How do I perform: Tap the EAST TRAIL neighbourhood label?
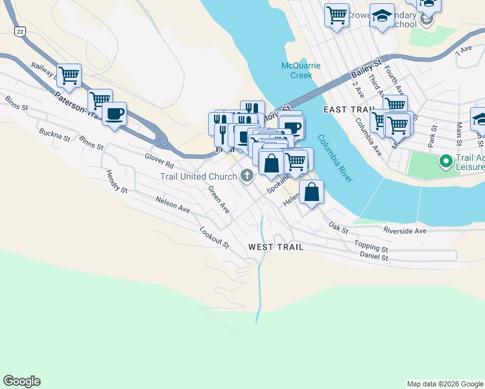(x=349, y=109)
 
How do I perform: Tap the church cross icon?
(x=247, y=176)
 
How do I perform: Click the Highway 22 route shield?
(x=20, y=31)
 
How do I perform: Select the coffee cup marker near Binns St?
(x=115, y=114)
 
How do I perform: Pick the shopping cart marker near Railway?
(x=69, y=75)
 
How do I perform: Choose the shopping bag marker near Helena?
(x=312, y=193)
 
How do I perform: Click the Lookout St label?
(x=215, y=237)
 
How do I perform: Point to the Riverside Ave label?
(x=405, y=231)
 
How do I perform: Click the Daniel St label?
(x=373, y=257)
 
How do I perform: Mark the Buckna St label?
(x=54, y=135)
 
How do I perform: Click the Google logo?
(x=21, y=381)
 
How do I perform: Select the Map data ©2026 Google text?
(x=444, y=384)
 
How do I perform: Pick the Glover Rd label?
(x=160, y=159)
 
